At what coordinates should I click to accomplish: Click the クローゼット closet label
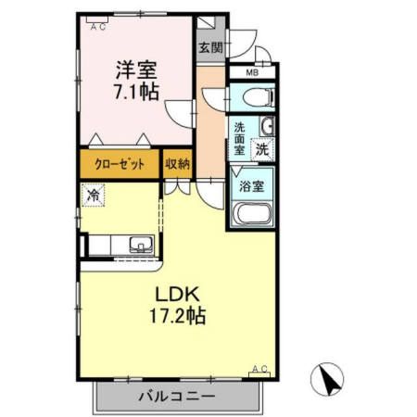pos(120,164)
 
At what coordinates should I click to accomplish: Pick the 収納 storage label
pos(177,164)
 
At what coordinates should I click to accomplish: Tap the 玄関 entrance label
pos(209,47)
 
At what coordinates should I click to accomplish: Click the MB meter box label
pos(251,72)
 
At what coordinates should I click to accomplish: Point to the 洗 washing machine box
pos(262,147)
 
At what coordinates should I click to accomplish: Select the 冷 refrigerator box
pos(94,196)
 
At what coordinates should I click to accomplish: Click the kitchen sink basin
pos(140,246)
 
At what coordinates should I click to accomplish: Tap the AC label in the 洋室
pos(98,27)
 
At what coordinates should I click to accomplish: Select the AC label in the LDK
pos(259,370)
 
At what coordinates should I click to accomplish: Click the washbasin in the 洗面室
pos(266,127)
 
